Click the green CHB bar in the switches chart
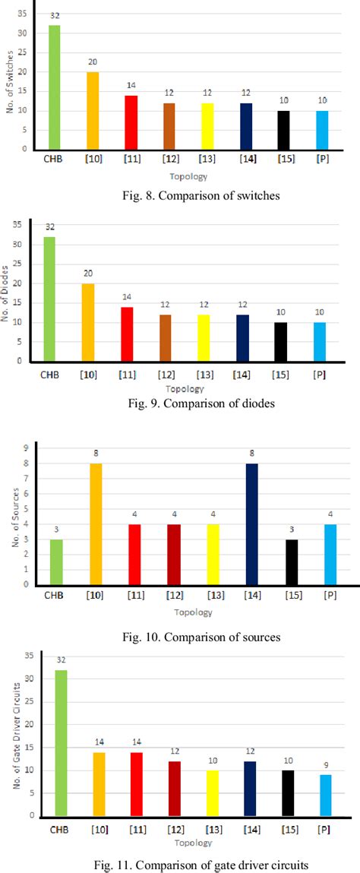pyautogui.click(x=54, y=87)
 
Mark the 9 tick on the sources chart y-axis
pyautogui.click(x=27, y=448)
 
